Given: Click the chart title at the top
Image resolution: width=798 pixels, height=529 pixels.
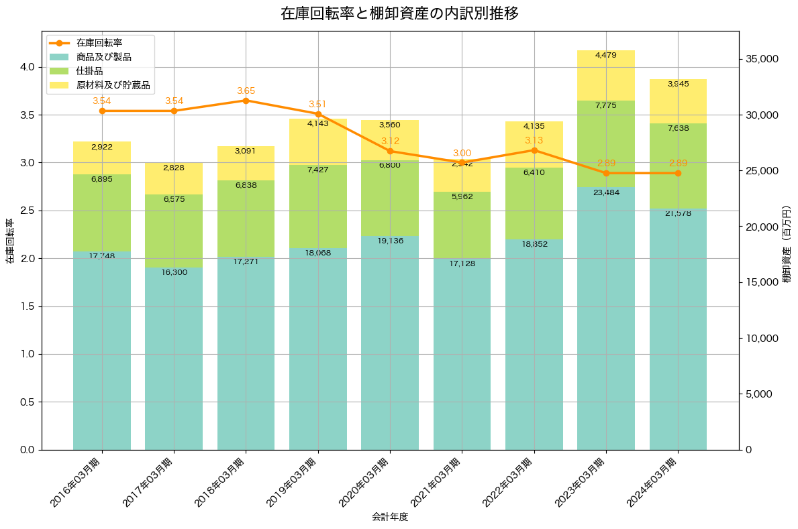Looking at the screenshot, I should [399, 13].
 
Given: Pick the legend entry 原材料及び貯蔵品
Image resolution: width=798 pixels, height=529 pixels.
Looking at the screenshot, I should [113, 86].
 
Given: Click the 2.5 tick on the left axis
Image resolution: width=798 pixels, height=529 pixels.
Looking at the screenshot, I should [27, 211].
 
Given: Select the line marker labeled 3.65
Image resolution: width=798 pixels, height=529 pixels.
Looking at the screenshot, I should [246, 101].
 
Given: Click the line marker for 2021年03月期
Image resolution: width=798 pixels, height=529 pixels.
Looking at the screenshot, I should [462, 162].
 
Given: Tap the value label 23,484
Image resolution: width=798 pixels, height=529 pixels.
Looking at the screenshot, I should [606, 192].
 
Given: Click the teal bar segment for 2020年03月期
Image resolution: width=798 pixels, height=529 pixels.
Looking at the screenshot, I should [390, 342].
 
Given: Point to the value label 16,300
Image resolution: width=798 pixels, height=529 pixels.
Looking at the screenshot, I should [174, 272].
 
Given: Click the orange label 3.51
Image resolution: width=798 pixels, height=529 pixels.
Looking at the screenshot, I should [318, 104].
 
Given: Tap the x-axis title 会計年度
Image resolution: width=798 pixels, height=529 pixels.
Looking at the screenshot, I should [390, 517].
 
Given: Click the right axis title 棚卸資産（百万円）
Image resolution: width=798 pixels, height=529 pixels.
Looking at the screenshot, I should [787, 241].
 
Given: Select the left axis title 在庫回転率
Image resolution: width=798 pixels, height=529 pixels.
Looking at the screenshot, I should [9, 241].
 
